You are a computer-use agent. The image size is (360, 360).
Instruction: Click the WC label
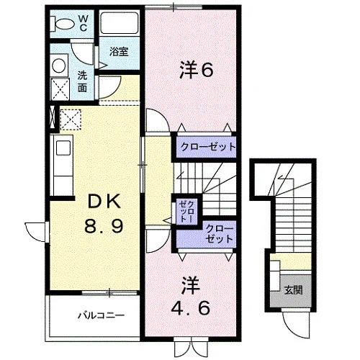coord(83,23)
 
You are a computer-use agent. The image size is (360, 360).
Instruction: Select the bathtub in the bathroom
coord(120,23)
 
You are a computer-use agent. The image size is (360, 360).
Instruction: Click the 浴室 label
coord(119,52)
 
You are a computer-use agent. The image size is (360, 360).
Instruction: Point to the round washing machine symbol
coord(59,66)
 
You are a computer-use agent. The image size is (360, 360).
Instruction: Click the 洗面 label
coord(82,82)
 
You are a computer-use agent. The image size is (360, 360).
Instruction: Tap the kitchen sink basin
coord(63,148)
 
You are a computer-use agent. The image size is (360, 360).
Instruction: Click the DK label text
coord(104,202)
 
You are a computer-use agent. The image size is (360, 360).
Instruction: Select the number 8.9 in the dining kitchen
coord(104,226)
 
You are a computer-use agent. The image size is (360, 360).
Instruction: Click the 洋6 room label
coord(196,70)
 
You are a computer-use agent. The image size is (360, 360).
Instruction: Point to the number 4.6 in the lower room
coord(191,308)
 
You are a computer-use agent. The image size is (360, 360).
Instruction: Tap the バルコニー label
coord(102,315)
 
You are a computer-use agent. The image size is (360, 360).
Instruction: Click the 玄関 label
coord(293,290)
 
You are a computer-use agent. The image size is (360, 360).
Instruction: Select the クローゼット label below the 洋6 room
coord(208,147)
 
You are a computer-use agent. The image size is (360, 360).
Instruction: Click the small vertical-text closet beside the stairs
coord(186,212)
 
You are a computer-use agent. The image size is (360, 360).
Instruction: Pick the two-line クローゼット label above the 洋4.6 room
coord(220,233)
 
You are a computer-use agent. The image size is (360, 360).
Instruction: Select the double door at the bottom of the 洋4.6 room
coord(192,348)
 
